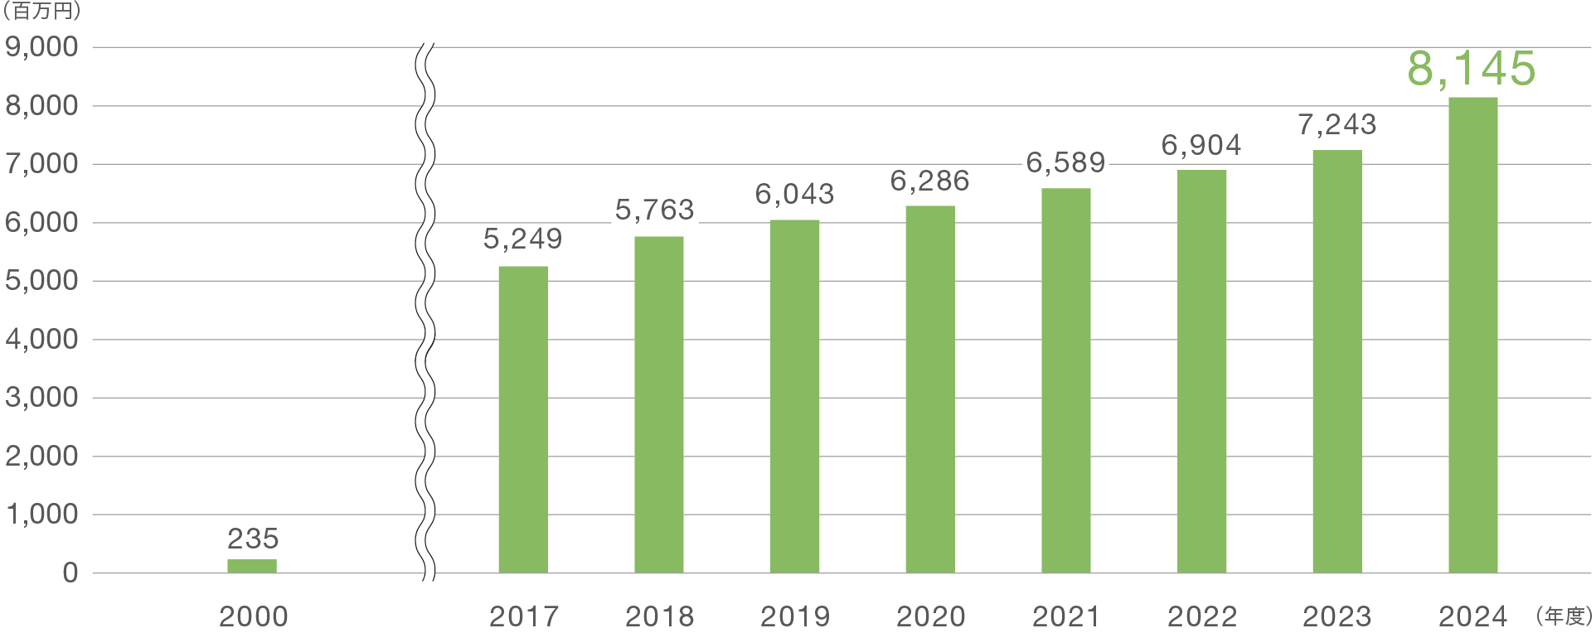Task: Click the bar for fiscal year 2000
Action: [252, 566]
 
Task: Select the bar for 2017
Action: [523, 419]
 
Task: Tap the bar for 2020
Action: [930, 389]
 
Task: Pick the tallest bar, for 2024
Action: [1472, 335]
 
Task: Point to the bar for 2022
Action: [1201, 371]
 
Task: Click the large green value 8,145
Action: [1472, 69]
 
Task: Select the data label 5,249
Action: [523, 239]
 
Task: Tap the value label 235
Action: [253, 539]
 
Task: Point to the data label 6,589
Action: [1065, 163]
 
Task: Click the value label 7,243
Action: [1336, 125]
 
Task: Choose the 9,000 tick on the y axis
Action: [42, 47]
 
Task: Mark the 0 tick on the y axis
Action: [70, 573]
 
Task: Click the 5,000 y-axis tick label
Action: [42, 281]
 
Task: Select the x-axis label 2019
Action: [795, 616]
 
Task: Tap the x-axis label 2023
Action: [1336, 616]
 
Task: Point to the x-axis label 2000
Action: [253, 616]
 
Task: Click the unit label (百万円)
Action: [41, 12]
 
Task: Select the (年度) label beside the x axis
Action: [1564, 616]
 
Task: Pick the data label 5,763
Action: [655, 210]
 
